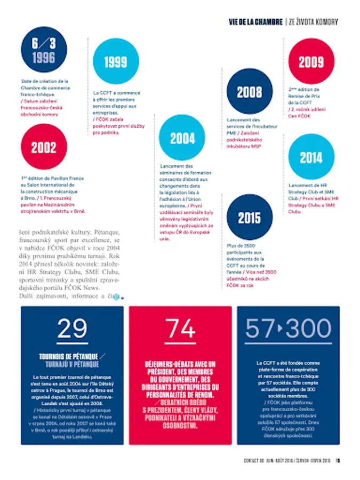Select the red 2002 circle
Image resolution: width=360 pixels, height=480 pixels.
point(43,147)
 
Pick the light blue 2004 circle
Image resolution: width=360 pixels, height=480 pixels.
point(182,138)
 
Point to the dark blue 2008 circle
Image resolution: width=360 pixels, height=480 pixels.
point(249,92)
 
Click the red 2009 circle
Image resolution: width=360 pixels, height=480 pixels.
point(311,61)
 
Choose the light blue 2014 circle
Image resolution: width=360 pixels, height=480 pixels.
point(311,157)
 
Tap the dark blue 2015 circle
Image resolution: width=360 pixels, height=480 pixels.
point(249,218)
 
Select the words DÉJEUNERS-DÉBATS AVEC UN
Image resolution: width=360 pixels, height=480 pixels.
point(180,364)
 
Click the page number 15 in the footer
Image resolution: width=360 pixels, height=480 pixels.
point(338,462)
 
